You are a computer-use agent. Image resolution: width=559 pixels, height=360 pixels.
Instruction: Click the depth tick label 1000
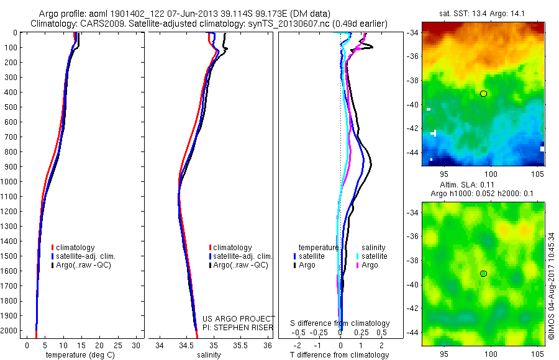click(9, 181)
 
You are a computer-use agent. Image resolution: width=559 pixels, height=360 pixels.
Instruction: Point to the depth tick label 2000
click(9, 331)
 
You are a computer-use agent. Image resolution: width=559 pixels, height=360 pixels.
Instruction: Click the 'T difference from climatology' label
click(340, 355)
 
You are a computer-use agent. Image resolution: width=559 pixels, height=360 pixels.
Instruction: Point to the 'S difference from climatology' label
click(340, 323)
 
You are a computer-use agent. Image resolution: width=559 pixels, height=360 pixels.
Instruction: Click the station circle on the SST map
click(483, 94)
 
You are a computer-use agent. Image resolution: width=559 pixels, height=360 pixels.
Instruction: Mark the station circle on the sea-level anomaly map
click(483, 274)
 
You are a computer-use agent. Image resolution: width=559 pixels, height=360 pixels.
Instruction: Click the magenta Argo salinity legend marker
click(358, 265)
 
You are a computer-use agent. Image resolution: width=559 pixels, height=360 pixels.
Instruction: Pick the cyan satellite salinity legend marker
click(358, 256)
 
